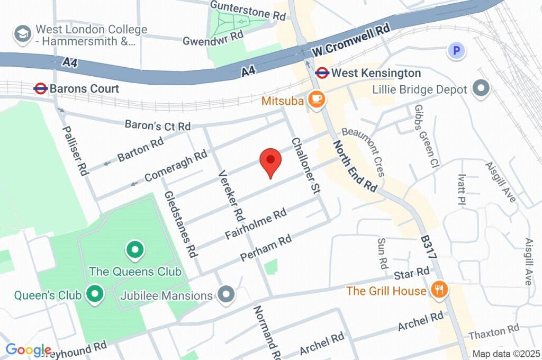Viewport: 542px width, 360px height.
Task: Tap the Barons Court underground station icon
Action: point(41,88)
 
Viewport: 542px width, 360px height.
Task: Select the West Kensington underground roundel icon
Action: point(321,73)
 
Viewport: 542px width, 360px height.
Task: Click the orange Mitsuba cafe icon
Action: point(317,99)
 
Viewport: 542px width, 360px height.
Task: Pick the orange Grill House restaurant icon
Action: point(439,290)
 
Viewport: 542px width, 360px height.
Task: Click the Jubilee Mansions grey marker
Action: point(227,295)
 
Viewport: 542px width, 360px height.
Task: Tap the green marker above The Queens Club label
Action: point(134,249)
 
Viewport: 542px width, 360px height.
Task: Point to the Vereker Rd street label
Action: point(231,195)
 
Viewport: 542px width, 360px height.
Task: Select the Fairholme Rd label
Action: point(256,224)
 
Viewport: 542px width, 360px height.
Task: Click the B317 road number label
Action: point(429,247)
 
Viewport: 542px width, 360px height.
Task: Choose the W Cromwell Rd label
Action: point(351,41)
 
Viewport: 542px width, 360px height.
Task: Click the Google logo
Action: point(29,350)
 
